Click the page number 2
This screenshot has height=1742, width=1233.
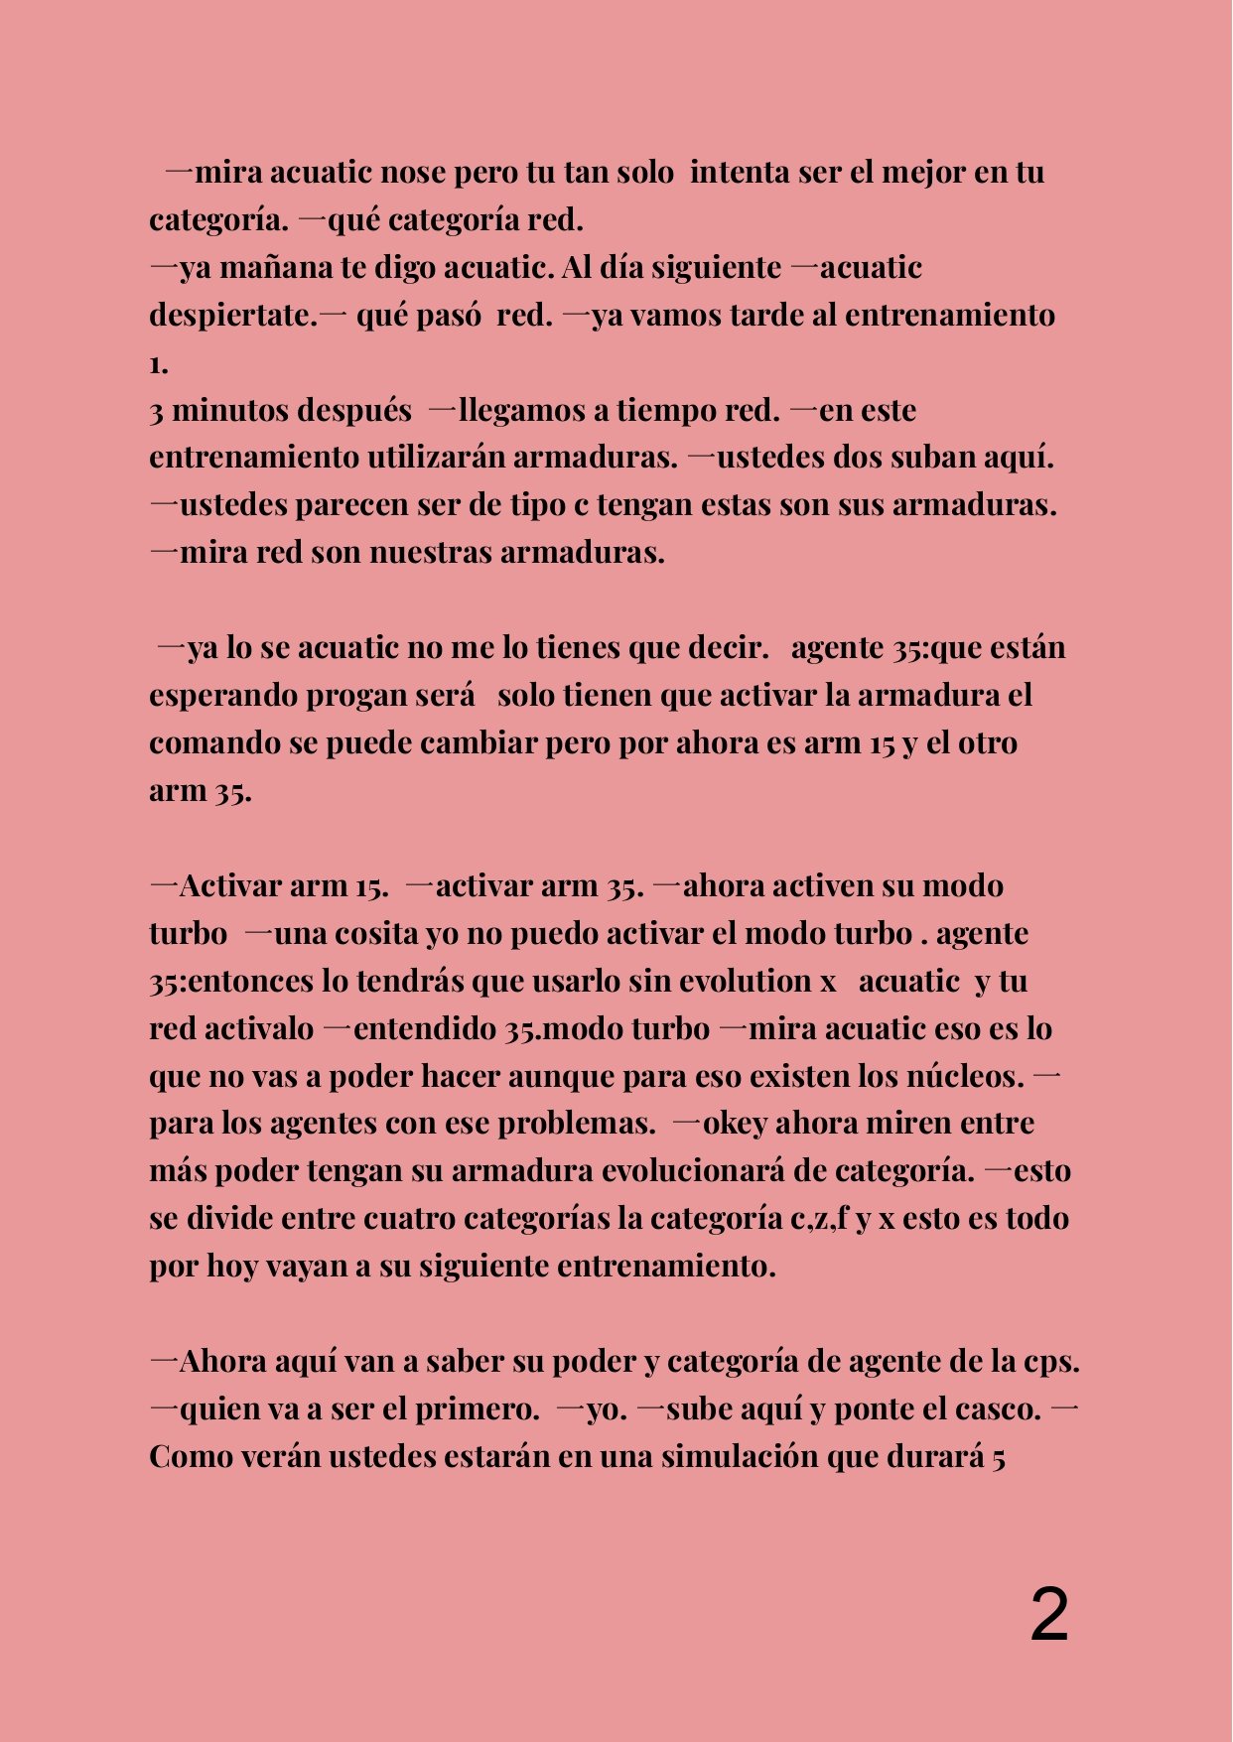(x=1049, y=1616)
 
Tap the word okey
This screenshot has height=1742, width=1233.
(x=735, y=1124)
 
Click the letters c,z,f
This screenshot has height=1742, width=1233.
(x=819, y=1219)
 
